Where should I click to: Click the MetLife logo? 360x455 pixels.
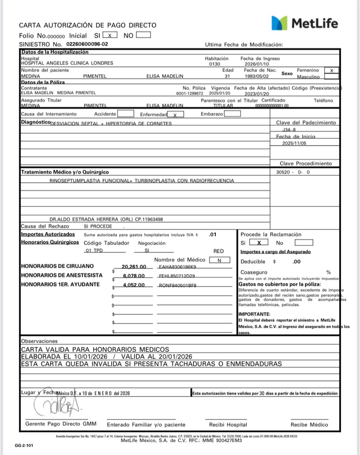coord(305,23)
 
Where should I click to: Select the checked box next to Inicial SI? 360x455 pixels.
coord(110,35)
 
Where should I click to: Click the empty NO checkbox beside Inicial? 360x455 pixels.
coord(143,35)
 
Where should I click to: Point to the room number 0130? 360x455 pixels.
coord(215,64)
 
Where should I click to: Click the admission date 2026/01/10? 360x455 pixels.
coord(257,64)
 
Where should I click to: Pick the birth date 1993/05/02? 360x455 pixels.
coord(256,76)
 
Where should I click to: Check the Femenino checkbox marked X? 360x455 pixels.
coord(332,71)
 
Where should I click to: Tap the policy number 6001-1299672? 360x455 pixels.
coord(190,93)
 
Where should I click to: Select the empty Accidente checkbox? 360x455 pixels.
coord(126,114)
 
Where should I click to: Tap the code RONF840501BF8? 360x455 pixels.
coord(178,285)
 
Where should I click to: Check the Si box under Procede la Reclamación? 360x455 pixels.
coord(259,243)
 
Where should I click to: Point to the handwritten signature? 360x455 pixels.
coord(57,405)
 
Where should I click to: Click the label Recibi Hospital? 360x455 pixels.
coord(228,424)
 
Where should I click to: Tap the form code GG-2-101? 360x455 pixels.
coord(24,445)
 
